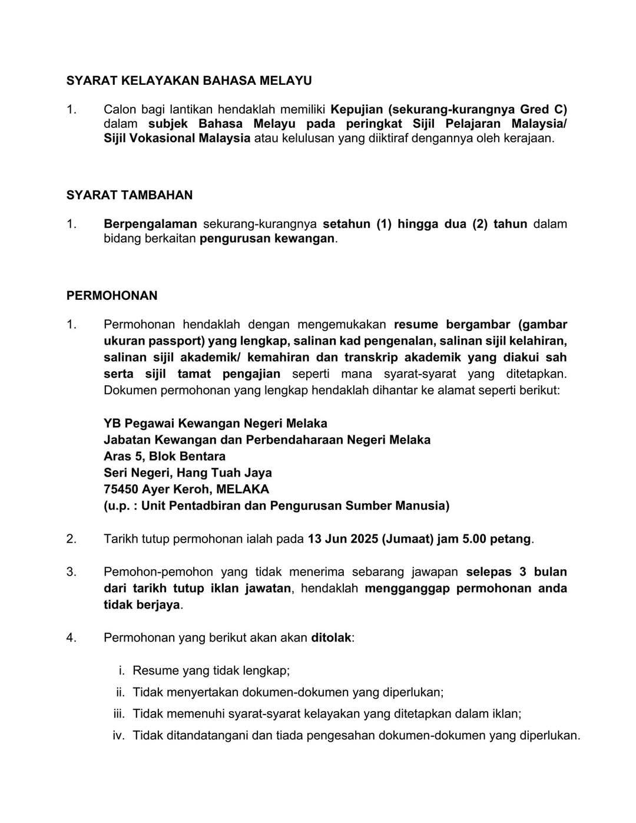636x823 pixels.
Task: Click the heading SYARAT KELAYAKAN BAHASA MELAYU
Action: (x=189, y=81)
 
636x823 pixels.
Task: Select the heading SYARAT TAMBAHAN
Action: (x=130, y=195)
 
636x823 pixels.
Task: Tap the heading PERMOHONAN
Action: (x=112, y=296)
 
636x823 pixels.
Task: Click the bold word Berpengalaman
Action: (x=150, y=224)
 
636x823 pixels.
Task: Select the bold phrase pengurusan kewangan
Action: (x=267, y=239)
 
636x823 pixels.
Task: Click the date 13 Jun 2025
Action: (x=342, y=539)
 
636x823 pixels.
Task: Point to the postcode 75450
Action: (x=121, y=490)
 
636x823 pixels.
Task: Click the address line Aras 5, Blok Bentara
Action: (x=164, y=457)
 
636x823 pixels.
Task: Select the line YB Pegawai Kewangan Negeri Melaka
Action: (x=215, y=424)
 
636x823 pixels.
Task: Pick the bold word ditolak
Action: (x=331, y=638)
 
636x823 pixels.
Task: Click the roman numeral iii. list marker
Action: (x=119, y=714)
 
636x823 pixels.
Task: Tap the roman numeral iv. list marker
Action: (x=118, y=736)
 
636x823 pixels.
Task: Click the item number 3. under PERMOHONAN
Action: (x=71, y=572)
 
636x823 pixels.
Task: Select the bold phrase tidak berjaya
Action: (x=141, y=605)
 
